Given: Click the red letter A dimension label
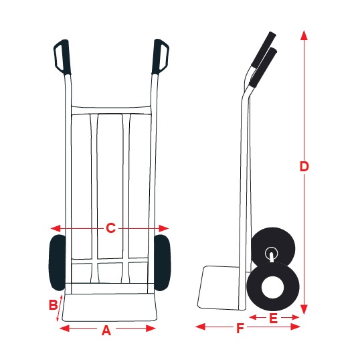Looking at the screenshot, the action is pyautogui.click(x=106, y=331).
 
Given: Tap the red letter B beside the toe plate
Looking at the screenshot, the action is pyautogui.click(x=54, y=305).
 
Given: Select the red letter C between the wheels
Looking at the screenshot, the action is pyautogui.click(x=110, y=228).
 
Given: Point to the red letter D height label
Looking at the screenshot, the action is pyautogui.click(x=304, y=167).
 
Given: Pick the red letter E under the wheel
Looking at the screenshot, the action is pyautogui.click(x=273, y=319).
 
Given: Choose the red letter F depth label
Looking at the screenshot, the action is pyautogui.click(x=240, y=328).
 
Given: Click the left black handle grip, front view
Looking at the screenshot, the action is pyautogui.click(x=62, y=57).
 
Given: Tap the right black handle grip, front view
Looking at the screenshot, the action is pyautogui.click(x=160, y=56).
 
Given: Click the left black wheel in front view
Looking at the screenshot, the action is pyautogui.click(x=57, y=262).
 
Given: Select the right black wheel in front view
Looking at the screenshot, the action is pyautogui.click(x=163, y=262).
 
